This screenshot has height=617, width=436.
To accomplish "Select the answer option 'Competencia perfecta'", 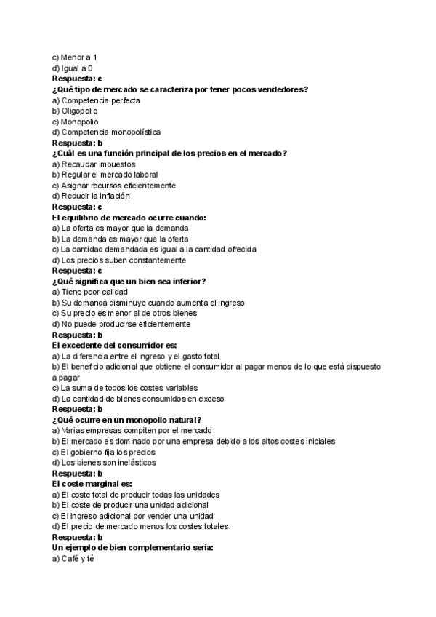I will (101, 100).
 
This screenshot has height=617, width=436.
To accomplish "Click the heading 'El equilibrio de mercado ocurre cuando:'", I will (129, 218).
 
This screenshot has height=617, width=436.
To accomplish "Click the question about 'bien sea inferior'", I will (129, 282).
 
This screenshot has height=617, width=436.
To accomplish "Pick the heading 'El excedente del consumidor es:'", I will (115, 346).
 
